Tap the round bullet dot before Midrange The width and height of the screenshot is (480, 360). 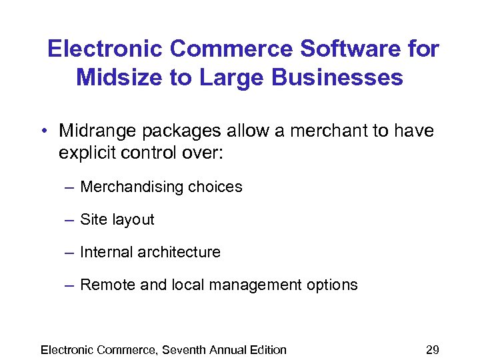(42, 131)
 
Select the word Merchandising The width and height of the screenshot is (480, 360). (129, 187)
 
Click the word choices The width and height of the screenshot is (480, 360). (215, 187)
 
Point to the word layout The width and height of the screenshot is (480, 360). (131, 220)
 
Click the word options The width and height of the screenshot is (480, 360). (331, 285)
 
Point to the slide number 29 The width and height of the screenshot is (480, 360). (432, 349)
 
